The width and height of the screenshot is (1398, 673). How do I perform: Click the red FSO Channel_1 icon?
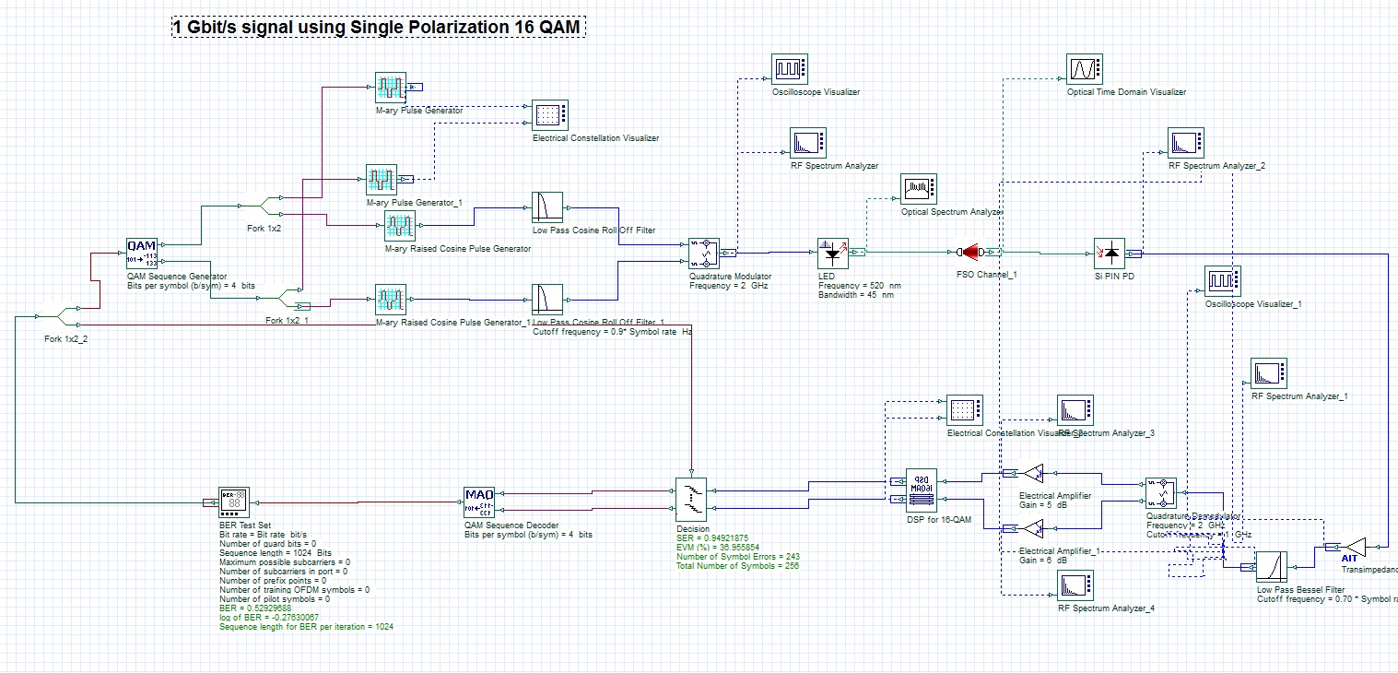point(971,252)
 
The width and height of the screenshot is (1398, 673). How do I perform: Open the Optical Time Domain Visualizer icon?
point(1083,69)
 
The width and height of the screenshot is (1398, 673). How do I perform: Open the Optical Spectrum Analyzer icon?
point(918,189)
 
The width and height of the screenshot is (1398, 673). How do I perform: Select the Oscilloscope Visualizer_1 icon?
point(1221,280)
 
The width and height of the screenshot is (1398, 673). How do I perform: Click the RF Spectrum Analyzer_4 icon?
point(1074,585)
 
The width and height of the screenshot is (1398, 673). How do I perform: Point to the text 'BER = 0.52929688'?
point(255,608)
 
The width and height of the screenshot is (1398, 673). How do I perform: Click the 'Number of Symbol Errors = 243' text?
point(737,556)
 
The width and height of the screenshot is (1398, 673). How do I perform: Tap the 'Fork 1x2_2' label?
point(66,338)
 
